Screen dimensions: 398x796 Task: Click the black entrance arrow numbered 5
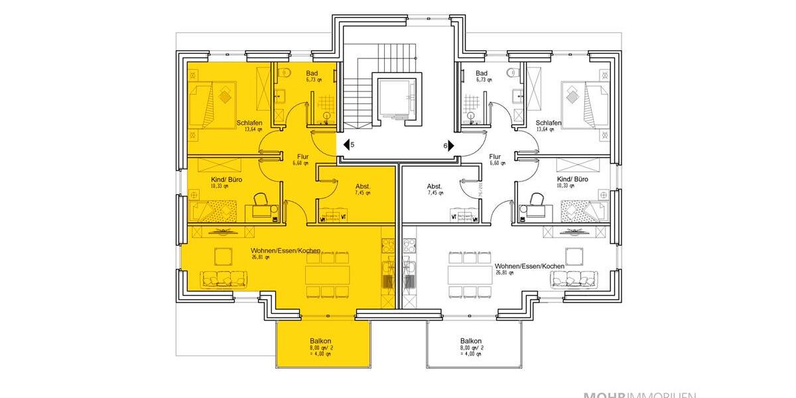coord(346,144)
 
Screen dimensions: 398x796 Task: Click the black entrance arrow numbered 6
coord(450,145)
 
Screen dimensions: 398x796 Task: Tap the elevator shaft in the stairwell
coord(398,99)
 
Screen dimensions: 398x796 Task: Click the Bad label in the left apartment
coord(312,73)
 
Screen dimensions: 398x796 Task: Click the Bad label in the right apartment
coord(482,73)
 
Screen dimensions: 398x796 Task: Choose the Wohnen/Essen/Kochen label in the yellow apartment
coord(285,251)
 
